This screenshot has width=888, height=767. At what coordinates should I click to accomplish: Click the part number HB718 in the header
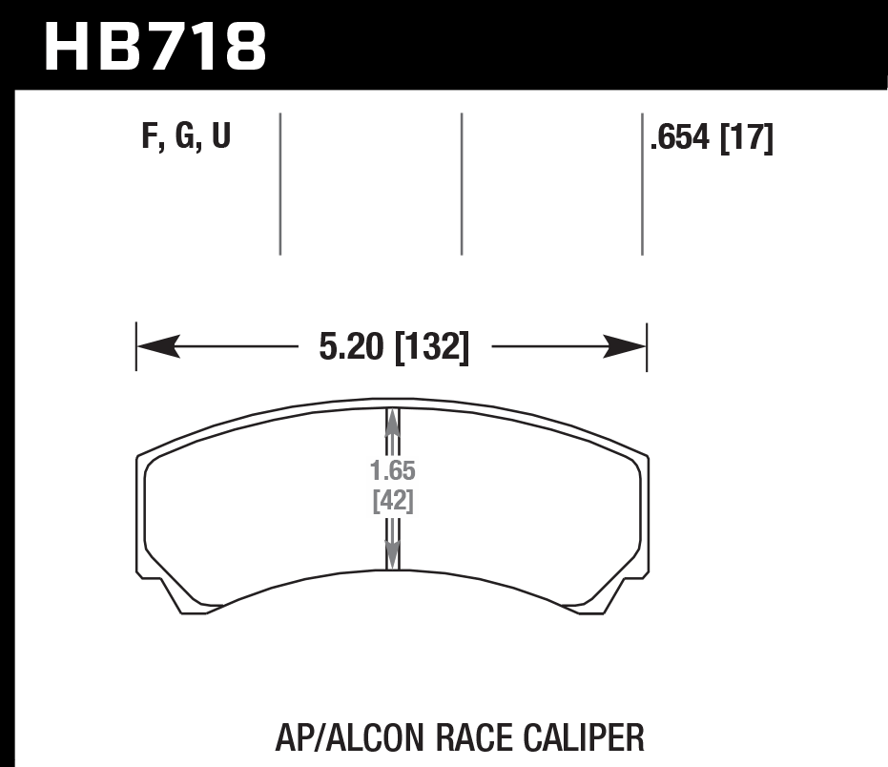pos(155,45)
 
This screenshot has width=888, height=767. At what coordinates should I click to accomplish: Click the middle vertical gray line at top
pos(461,183)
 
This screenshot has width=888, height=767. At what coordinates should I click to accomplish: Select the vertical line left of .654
pos(641,183)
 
